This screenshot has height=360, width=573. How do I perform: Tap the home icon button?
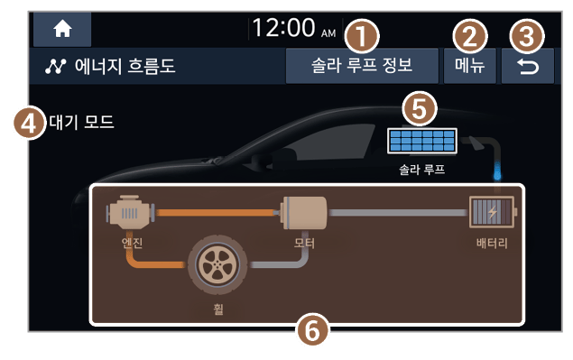(x=62, y=29)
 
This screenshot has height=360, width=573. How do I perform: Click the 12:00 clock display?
(x=293, y=28)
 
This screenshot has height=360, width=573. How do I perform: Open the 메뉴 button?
(x=469, y=66)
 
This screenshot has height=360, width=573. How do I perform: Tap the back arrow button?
(x=528, y=67)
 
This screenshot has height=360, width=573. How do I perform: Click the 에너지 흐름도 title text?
(x=125, y=66)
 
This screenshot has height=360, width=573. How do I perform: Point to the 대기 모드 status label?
(x=81, y=122)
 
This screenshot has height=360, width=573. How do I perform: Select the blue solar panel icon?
(x=422, y=141)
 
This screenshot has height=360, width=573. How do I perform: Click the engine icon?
(x=130, y=212)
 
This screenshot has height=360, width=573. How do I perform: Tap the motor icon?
(x=304, y=213)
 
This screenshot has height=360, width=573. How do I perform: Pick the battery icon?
(x=492, y=212)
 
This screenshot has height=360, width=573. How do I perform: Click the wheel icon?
(x=217, y=264)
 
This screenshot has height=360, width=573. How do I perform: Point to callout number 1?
(x=361, y=37)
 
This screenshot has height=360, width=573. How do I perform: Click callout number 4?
(x=29, y=123)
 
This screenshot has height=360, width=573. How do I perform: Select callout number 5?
(x=420, y=108)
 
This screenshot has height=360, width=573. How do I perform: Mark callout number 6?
(x=312, y=330)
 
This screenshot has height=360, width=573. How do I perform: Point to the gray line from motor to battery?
(x=398, y=213)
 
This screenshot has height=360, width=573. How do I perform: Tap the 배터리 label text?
(x=492, y=243)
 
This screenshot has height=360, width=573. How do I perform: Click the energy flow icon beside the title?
(x=56, y=67)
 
